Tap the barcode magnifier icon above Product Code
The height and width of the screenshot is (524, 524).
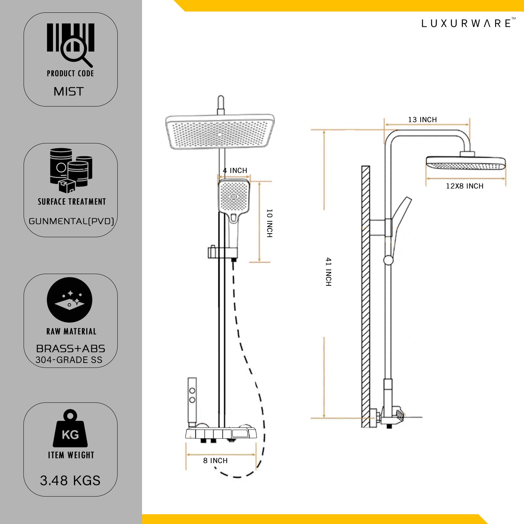click(x=71, y=44)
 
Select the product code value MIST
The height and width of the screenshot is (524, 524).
click(x=69, y=91)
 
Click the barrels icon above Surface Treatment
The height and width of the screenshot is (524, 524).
click(x=71, y=170)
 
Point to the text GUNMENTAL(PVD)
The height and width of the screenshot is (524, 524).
click(x=71, y=221)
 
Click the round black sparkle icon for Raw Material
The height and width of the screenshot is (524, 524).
click(x=70, y=300)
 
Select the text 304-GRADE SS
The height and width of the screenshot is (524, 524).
click(x=69, y=360)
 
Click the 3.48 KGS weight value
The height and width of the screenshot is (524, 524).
click(x=70, y=480)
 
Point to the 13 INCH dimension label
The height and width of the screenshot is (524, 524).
click(x=422, y=120)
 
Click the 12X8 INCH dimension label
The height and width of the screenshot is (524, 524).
click(x=465, y=186)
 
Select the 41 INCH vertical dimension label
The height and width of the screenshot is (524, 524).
click(x=329, y=272)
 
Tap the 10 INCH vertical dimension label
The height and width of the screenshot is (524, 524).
click(x=269, y=223)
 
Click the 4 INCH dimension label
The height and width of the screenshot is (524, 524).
click(x=235, y=170)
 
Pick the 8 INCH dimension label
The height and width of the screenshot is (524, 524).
click(x=215, y=461)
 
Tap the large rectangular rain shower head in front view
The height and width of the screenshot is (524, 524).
click(x=220, y=132)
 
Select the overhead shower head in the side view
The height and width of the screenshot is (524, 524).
click(x=466, y=163)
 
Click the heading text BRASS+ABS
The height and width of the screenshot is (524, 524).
click(x=71, y=348)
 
